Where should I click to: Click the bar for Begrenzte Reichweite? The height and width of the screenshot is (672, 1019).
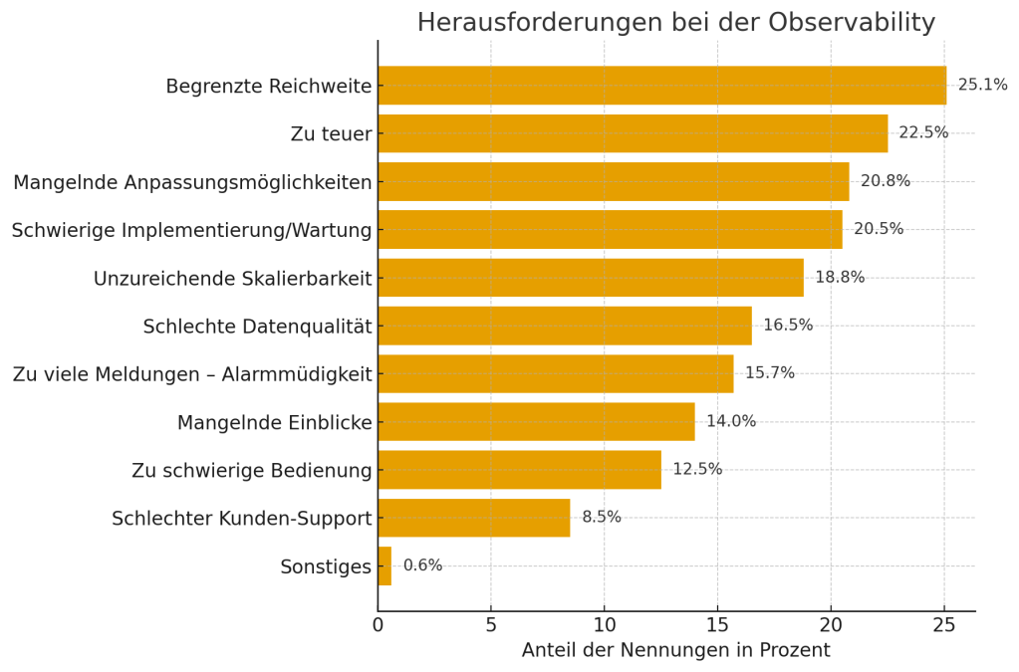661,86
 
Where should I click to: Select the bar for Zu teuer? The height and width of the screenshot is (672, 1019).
633,133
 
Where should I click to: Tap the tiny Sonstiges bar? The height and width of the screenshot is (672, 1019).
384,565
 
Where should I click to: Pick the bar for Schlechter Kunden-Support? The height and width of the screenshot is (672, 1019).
473,518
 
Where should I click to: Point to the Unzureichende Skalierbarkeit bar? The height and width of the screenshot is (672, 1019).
590,278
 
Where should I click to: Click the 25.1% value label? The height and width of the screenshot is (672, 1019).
982,86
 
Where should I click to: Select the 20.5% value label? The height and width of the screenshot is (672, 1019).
879,229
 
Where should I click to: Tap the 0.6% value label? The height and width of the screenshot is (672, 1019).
422,565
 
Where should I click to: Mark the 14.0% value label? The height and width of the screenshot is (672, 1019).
731,421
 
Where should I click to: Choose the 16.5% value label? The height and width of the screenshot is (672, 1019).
788,326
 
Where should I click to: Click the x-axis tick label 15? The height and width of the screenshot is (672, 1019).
717,625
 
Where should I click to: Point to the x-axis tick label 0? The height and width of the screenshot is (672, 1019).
378,625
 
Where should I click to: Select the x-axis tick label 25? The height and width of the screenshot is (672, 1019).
944,625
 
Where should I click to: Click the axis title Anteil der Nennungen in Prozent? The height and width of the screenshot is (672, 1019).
675,651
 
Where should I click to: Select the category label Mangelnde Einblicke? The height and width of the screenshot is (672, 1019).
274,423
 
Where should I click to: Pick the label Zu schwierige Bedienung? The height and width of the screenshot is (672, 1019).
251,471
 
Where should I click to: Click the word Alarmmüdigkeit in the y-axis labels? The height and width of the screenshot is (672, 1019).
298,375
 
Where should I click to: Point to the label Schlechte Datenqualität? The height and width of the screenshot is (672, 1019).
257,327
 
